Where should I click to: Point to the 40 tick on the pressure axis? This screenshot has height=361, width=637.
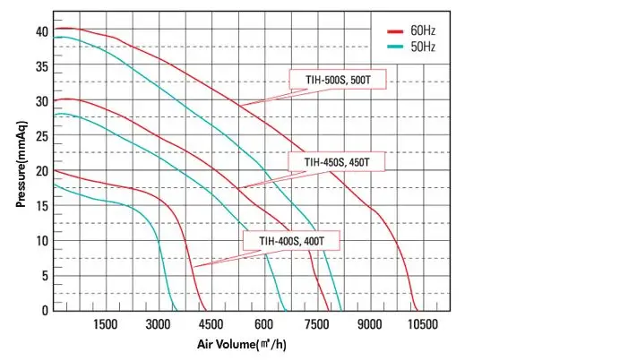click(41, 31)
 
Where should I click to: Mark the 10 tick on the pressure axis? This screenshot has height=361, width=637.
click(41, 241)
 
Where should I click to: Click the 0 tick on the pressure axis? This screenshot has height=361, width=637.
click(45, 311)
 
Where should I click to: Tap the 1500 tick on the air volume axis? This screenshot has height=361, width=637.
click(106, 324)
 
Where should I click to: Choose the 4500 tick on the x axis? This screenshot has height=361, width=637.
click(211, 324)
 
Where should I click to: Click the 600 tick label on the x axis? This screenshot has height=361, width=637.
click(264, 324)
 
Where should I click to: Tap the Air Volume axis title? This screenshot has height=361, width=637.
click(241, 344)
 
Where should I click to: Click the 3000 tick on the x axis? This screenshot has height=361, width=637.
click(159, 324)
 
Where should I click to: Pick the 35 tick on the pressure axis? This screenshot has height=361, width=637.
click(41, 66)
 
